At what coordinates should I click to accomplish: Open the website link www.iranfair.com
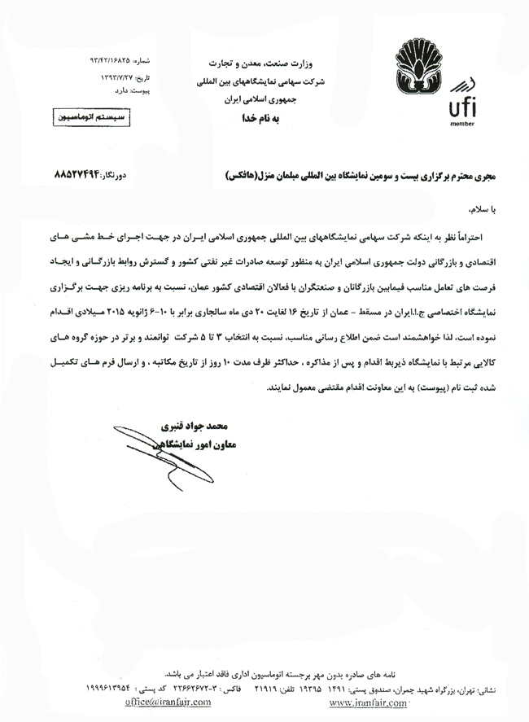(x=369, y=702)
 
